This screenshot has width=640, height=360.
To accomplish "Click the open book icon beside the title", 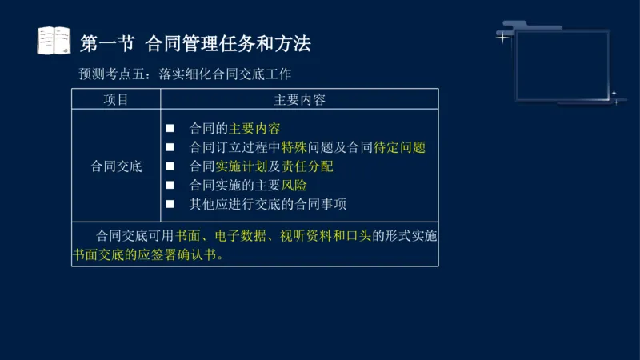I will click(x=54, y=41).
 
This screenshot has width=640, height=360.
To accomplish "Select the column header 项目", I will click(x=116, y=99).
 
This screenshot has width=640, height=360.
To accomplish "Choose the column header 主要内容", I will click(x=299, y=99).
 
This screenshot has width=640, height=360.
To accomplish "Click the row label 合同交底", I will click(x=116, y=166).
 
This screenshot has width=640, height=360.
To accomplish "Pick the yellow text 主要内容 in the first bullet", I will click(x=254, y=128).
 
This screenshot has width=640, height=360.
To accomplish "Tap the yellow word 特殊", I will click(x=294, y=147).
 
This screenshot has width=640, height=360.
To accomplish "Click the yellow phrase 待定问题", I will click(x=399, y=147).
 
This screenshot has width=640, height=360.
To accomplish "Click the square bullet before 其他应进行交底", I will click(x=170, y=204).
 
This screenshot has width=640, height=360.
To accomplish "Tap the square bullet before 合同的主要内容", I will click(x=170, y=128).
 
